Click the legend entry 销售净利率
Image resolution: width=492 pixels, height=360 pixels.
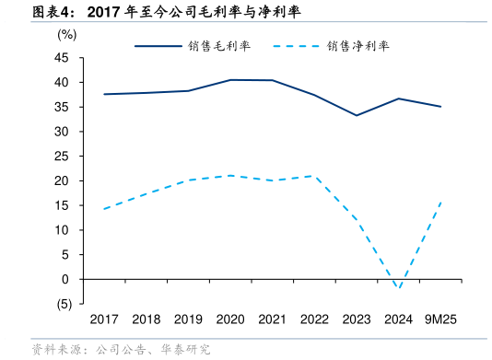357,45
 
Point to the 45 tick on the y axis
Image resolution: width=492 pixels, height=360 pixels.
63,57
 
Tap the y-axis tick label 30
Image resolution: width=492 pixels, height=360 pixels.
63,132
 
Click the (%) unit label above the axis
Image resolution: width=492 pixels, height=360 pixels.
67,34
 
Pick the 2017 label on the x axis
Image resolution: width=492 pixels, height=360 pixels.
104,319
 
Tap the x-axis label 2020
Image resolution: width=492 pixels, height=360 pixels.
230,319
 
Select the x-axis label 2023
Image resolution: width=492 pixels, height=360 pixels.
357,319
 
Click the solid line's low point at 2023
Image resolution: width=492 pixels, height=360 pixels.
357,115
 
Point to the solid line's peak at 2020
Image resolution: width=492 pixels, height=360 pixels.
230,80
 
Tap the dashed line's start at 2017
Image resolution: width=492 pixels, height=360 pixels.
104,209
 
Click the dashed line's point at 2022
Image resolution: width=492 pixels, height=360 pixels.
314,176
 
